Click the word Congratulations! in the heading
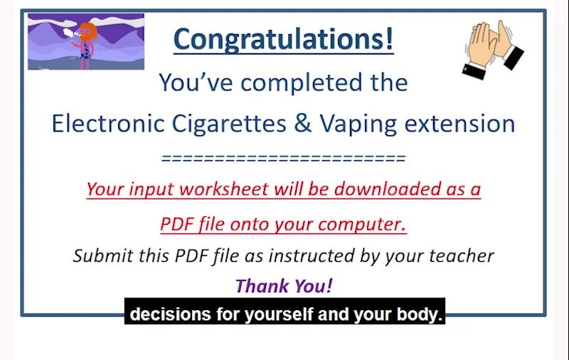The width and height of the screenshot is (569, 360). [x=283, y=39]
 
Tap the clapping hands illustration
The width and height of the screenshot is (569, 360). [x=493, y=49]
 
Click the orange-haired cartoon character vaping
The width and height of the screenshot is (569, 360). [x=85, y=45]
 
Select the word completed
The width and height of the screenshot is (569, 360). [x=302, y=83]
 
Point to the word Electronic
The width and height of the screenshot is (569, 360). [x=108, y=123]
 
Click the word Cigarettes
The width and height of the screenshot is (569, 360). [x=228, y=124]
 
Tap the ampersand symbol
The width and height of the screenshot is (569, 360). [x=303, y=123]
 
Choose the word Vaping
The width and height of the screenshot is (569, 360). [x=358, y=124]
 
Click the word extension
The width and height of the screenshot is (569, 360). [x=459, y=124]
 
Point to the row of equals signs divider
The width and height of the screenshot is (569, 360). [x=283, y=158]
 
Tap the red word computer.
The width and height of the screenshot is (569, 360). [x=362, y=224]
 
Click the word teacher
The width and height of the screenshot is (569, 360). [x=462, y=255]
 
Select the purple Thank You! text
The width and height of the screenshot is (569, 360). [x=284, y=285]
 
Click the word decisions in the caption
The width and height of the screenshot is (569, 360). [x=170, y=314]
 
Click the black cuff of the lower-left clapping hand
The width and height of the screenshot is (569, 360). [x=474, y=70]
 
